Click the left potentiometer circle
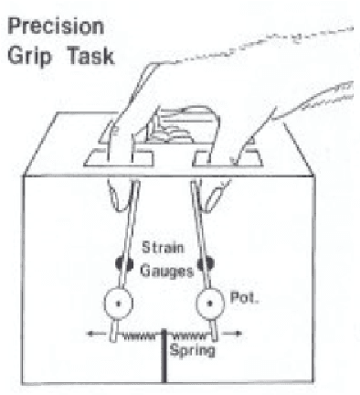[x=118, y=304]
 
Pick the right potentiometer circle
[x=211, y=304]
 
